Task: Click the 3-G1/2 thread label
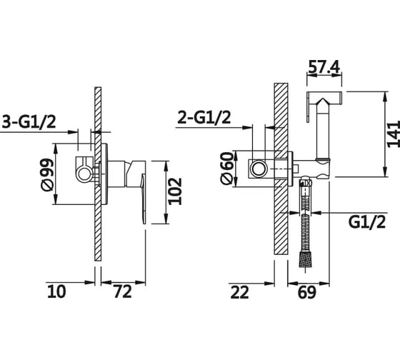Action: pyautogui.click(x=29, y=121)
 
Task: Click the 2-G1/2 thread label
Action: pyautogui.click(x=204, y=117)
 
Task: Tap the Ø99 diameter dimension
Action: pyautogui.click(x=47, y=174)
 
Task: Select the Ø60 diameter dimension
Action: pyautogui.click(x=227, y=168)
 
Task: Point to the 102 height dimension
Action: pyautogui.click(x=176, y=191)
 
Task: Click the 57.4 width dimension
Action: pyautogui.click(x=324, y=67)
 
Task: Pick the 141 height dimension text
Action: pyautogui.click(x=394, y=134)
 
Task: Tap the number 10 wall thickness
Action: pyautogui.click(x=56, y=291)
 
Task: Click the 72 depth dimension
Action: pyautogui.click(x=122, y=291)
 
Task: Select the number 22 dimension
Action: pyautogui.click(x=239, y=292)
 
